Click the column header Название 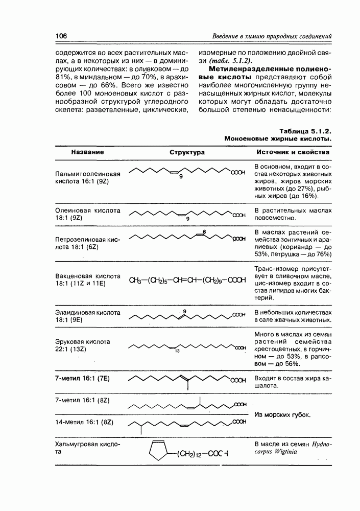coord(87,152)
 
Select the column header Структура coord(187,152)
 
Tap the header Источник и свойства coord(293,152)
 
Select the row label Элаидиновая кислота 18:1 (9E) coord(87,315)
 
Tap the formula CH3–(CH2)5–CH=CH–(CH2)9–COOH coord(188,280)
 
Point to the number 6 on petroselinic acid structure coord(204,233)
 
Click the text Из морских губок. coord(282,414)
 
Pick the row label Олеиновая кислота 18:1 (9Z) coord(87,214)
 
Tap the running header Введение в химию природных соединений coord(272,36)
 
